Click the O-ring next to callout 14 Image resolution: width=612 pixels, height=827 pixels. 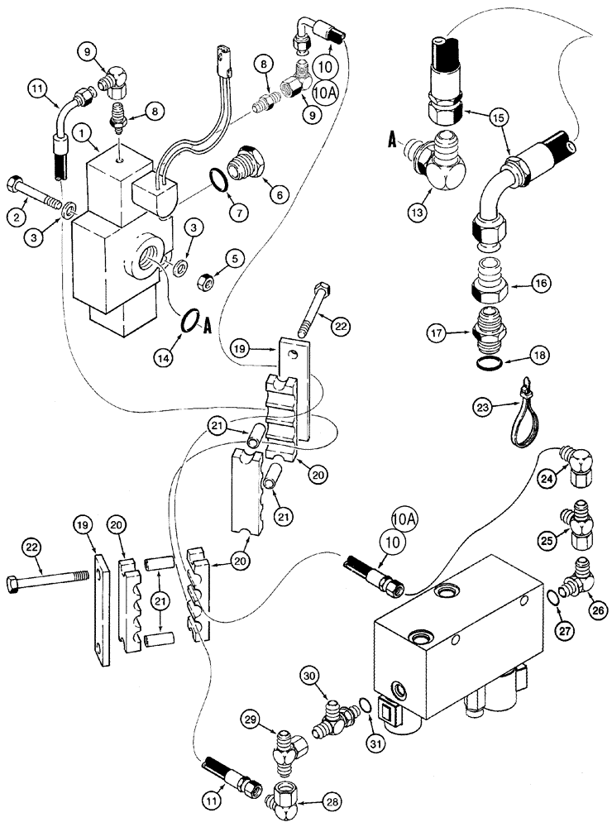[189, 320]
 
